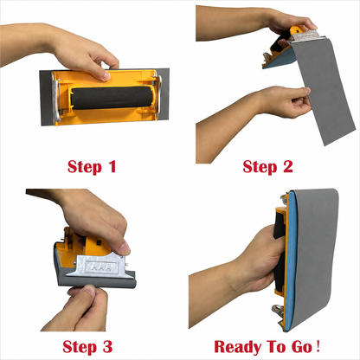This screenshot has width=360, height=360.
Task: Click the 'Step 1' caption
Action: [92, 167]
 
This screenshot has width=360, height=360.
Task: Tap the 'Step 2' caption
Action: [267, 167]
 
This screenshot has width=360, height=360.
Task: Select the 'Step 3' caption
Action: [87, 347]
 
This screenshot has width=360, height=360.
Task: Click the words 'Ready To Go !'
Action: [267, 346]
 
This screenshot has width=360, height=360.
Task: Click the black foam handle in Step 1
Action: [111, 98]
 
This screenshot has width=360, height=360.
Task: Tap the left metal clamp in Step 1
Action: [56, 97]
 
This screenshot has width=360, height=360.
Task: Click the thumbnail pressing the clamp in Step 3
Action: [125, 248]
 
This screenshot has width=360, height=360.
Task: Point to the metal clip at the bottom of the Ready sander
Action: [278, 310]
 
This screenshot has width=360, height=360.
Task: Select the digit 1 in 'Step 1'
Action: [112, 166]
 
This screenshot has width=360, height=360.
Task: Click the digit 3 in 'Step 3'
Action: [107, 346]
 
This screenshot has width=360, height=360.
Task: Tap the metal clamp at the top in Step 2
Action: [306, 35]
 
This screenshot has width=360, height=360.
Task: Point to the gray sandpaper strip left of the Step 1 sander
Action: [46, 98]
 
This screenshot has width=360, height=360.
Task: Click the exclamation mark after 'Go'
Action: [318, 346]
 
